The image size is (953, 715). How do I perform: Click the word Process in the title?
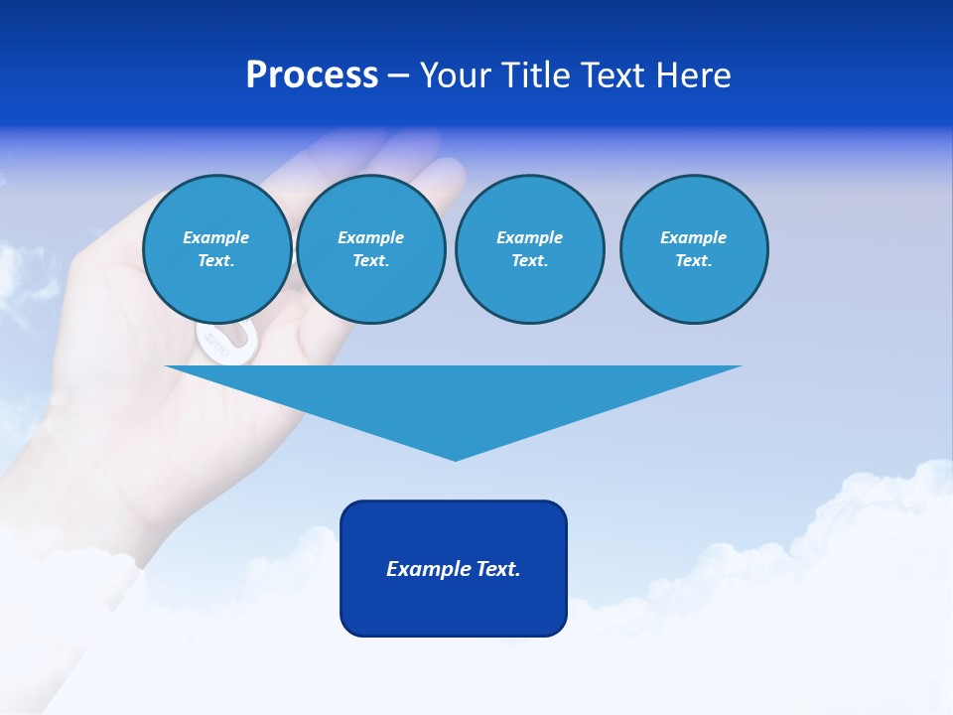(x=312, y=75)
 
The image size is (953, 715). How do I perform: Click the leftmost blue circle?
(x=217, y=249)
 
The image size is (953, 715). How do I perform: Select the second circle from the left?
(x=371, y=249)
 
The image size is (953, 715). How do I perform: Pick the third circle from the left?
(x=530, y=249)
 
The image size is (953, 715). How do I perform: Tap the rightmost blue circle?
(x=694, y=249)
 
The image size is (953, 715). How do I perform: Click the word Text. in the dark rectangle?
(x=498, y=569)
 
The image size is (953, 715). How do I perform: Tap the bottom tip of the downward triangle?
(x=455, y=459)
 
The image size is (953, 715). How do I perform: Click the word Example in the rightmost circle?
(x=694, y=237)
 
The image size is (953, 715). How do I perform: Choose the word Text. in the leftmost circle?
(x=216, y=261)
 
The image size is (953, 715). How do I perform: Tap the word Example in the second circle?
(x=371, y=237)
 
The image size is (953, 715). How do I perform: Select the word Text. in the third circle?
(x=530, y=261)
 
